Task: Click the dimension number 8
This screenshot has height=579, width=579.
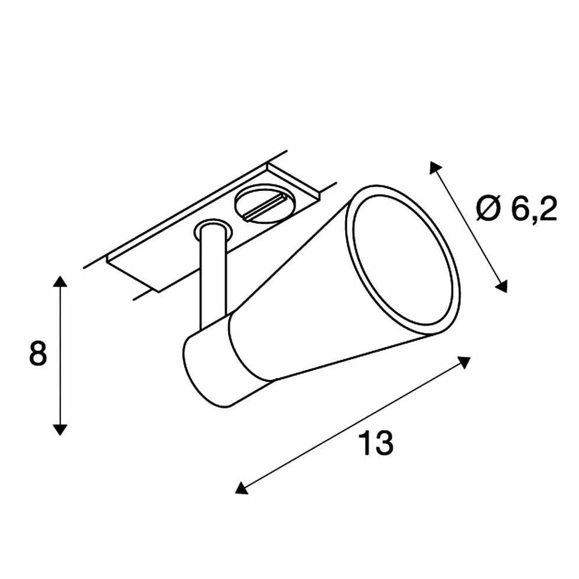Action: tap(38, 353)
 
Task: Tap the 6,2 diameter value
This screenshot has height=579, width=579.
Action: tap(534, 209)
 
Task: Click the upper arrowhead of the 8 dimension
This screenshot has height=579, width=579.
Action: tap(60, 281)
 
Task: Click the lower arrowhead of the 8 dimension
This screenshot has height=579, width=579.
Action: tap(60, 430)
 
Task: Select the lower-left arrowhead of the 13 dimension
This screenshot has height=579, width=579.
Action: tap(242, 488)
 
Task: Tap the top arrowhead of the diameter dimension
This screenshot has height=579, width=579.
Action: tap(435, 167)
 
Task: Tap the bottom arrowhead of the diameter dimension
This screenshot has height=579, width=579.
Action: tap(502, 286)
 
